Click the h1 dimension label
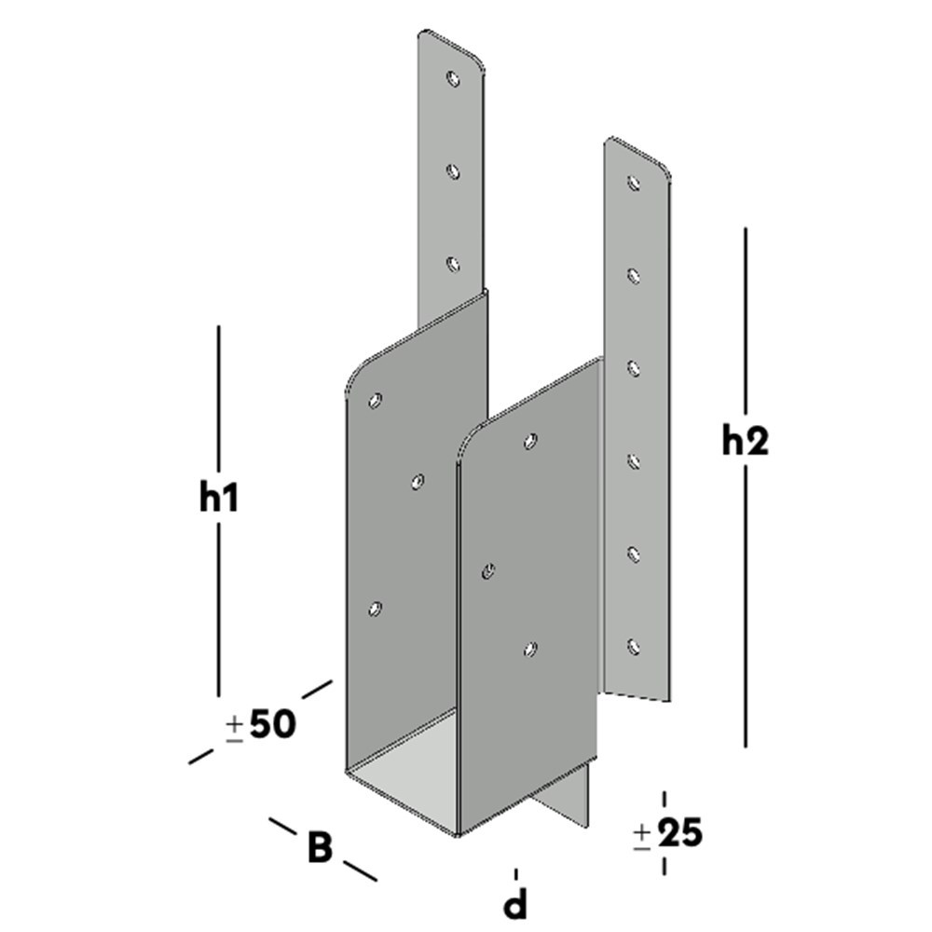tap(219, 499)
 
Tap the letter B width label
tap(320, 848)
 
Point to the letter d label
tap(515, 903)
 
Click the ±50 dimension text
tap(261, 725)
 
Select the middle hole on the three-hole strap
tap(453, 171)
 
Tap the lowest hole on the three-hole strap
tap(453, 265)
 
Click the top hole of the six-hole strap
tap(634, 183)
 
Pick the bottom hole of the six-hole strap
tap(634, 645)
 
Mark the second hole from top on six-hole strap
tap(634, 274)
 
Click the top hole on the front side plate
tap(530, 440)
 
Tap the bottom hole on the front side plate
tap(530, 648)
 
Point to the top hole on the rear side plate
tap(375, 401)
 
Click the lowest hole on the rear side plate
tap(375, 609)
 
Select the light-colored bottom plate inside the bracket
tap(410, 764)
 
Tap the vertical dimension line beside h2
tap(746, 606)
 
